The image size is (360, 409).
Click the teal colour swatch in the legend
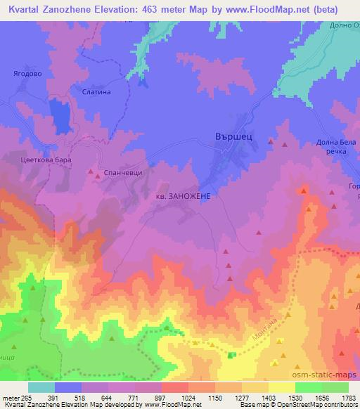point(41,387)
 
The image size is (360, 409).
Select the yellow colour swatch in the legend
point(282,387)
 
